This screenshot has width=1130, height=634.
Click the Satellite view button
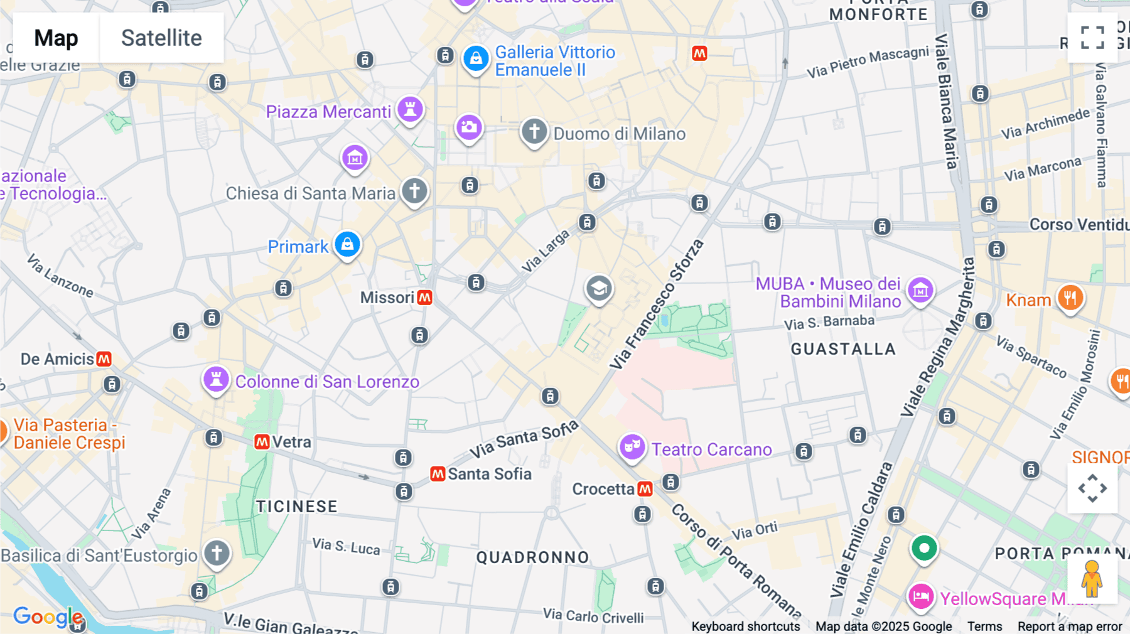(161, 38)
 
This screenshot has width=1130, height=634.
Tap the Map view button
(56, 38)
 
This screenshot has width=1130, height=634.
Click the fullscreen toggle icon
(1092, 38)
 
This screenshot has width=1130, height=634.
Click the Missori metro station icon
(425, 298)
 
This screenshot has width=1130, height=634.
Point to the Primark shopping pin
(347, 245)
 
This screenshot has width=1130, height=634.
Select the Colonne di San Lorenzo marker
(216, 380)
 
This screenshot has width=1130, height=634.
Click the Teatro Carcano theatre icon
(632, 448)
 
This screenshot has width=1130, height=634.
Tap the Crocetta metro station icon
(645, 489)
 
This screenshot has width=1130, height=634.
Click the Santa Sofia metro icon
(438, 474)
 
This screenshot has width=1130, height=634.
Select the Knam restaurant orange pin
(1070, 298)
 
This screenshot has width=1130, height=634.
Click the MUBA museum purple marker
(921, 291)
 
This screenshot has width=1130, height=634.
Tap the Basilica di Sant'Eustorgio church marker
(217, 554)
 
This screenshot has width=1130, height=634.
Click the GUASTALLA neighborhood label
(842, 349)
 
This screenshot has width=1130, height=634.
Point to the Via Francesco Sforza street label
(657, 304)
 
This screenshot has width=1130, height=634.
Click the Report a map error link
(1070, 626)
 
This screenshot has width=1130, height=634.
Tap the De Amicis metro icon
(104, 359)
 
